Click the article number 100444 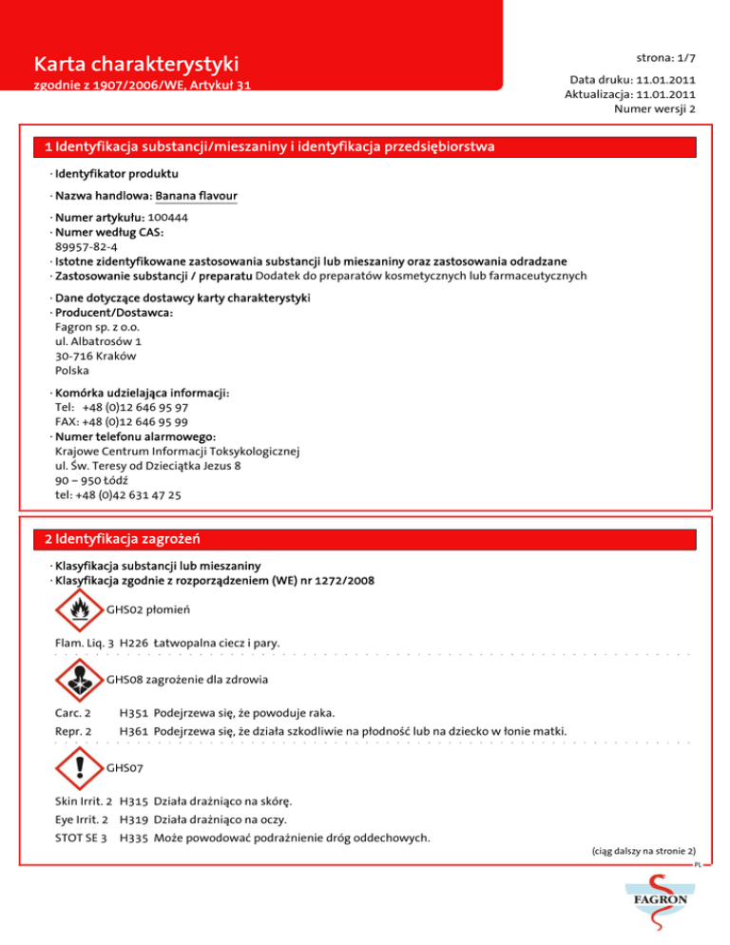pyautogui.click(x=167, y=218)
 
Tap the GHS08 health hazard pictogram pyautogui.click(x=79, y=681)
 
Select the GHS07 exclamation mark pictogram pyautogui.click(x=79, y=767)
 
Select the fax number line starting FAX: pyautogui.click(x=122, y=421)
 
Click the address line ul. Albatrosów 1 pyautogui.click(x=99, y=340)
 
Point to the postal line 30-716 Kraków pyautogui.click(x=95, y=356)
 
